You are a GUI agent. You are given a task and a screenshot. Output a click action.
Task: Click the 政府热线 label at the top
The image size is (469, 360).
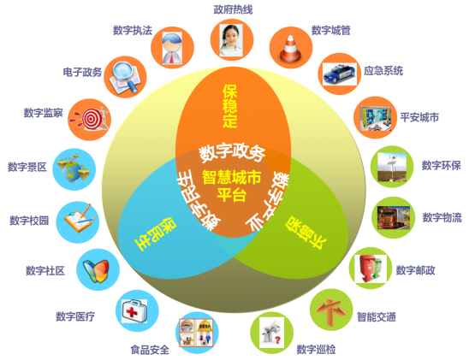click(233, 9)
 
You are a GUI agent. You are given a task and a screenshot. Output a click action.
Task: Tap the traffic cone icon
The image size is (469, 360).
click(290, 48)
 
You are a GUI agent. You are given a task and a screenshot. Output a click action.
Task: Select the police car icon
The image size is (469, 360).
click(340, 74)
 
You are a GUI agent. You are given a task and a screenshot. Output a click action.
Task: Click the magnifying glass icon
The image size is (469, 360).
click(125, 77)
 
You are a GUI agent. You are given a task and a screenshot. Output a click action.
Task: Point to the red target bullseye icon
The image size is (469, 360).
click(90, 119)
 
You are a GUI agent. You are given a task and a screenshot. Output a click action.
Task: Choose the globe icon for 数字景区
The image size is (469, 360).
click(74, 168)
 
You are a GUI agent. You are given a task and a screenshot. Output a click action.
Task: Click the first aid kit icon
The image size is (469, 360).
click(134, 311)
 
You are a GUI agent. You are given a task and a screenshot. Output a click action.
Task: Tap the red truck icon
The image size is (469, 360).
click(393, 218)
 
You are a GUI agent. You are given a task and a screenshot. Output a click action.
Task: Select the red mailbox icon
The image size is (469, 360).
click(371, 269)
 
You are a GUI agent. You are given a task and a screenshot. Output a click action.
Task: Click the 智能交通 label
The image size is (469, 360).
click(377, 316)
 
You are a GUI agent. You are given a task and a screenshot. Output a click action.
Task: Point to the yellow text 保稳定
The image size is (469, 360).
click(230, 106)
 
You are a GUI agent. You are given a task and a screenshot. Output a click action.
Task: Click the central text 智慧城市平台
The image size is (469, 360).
click(232, 186)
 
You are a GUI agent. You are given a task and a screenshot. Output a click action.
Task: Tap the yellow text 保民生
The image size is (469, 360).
click(155, 234)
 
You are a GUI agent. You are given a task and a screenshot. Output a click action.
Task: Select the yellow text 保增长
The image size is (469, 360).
click(305, 233)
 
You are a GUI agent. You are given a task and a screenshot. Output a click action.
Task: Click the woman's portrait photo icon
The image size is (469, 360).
click(231, 40)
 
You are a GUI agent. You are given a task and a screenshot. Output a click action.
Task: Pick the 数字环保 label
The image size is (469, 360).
click(441, 165)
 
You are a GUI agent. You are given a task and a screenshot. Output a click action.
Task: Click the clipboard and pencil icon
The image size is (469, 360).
click(80, 218)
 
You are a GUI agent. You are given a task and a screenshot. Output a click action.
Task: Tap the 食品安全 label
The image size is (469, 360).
click(150, 350)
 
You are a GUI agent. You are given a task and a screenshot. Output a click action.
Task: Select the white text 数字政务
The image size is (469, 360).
click(232, 152)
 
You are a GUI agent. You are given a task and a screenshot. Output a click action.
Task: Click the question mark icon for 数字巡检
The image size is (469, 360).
click(271, 333)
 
